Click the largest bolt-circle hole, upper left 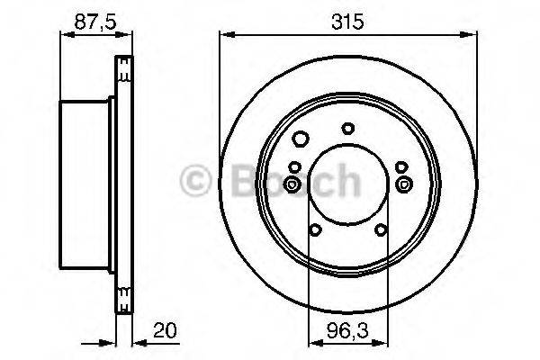pos(301,138)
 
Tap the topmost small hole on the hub pos(347,128)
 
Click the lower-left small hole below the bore pos(314,229)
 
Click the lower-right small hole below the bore pos(381,229)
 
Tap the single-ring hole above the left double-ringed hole pos(295,166)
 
